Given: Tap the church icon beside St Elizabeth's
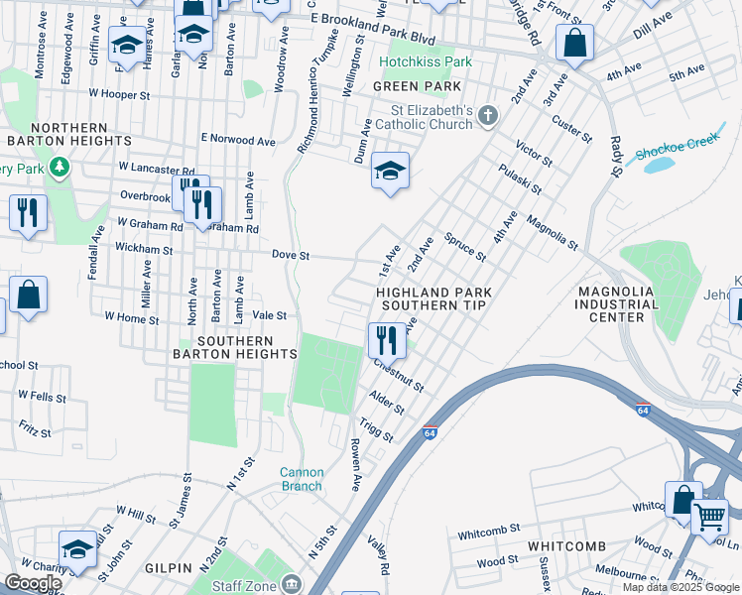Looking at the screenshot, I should (x=486, y=117).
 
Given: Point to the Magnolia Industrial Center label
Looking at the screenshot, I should (x=630, y=303).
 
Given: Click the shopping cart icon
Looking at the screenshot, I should (x=709, y=516).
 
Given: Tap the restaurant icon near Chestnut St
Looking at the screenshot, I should (x=384, y=340).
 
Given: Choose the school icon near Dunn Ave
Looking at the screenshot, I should (x=390, y=170).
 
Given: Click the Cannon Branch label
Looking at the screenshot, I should (x=301, y=479).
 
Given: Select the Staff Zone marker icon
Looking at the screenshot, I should (x=291, y=582).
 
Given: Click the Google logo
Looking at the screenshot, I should (x=33, y=583).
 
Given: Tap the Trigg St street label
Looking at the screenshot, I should (x=376, y=430).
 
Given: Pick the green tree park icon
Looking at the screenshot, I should (x=61, y=167).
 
